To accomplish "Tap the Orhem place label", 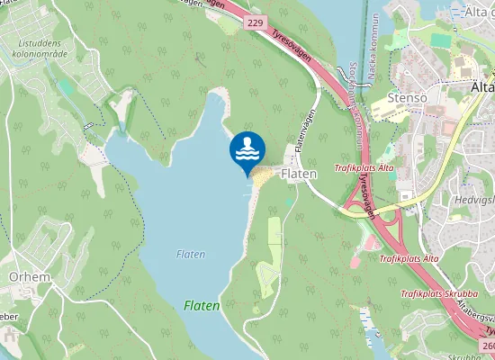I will click(29, 277).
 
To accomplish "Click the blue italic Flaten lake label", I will click(191, 255).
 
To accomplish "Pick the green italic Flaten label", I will click(202, 306).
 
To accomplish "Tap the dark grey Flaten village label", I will click(297, 173).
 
